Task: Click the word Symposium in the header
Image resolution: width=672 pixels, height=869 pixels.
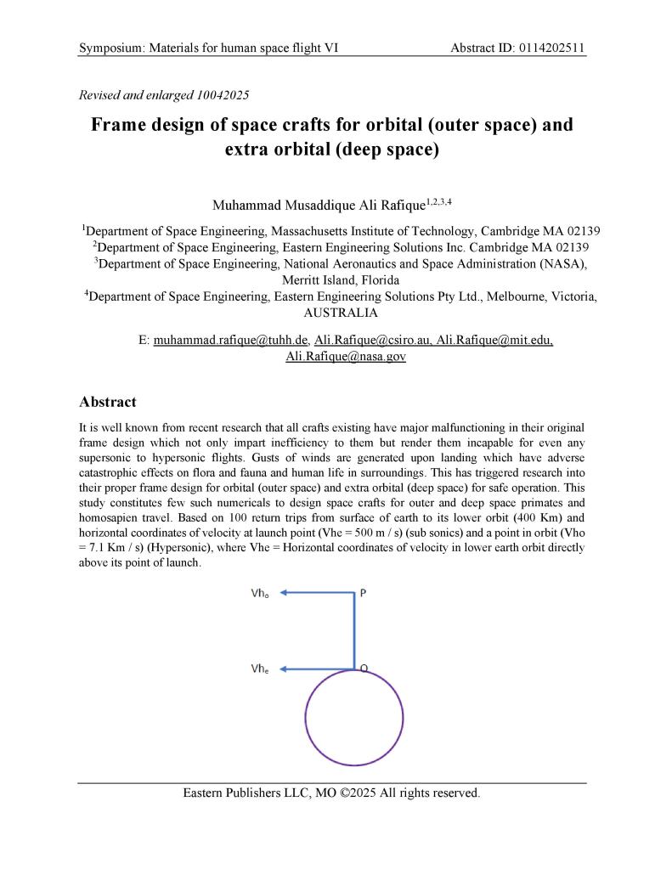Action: [111, 48]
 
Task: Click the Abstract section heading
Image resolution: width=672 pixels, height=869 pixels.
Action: [107, 401]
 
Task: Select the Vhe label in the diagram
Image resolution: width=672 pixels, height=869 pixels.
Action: [260, 669]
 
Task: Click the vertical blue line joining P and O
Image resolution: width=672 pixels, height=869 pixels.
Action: [353, 633]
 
